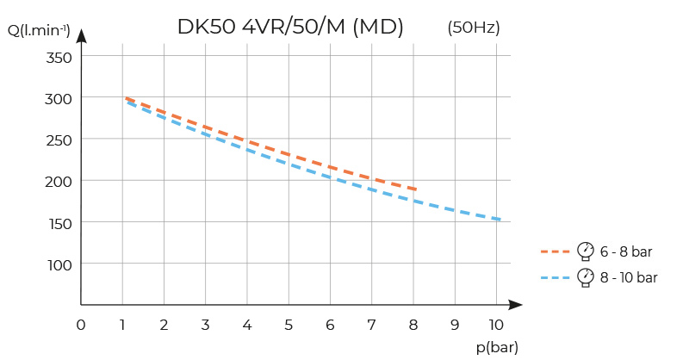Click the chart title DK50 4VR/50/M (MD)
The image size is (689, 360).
pos(290,27)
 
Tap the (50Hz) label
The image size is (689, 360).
pos(474,28)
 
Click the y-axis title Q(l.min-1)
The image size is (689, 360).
pos(39,32)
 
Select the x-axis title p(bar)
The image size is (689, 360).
pos(497,346)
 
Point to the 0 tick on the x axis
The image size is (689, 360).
pos(81,325)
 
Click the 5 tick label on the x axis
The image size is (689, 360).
pos(289,325)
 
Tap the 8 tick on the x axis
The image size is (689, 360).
pos(413,325)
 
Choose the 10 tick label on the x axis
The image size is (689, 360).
pos(496,325)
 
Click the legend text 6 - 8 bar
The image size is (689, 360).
pos(626,251)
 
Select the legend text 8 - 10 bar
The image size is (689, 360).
pos(629,277)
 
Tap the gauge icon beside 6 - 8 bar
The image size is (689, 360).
pos(586,251)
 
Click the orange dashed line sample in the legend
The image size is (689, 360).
pos(555,251)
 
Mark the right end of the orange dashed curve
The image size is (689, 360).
pos(415,189)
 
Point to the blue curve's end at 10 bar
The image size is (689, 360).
pos(499,220)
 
